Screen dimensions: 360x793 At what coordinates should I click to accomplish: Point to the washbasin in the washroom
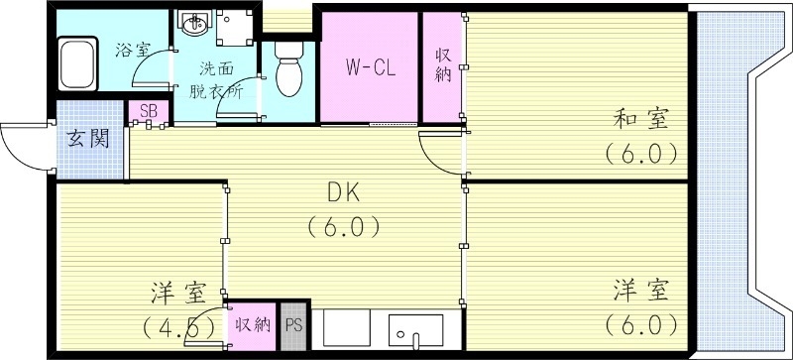pyautogui.click(x=191, y=25)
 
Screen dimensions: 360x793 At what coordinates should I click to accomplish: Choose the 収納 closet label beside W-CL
pyautogui.click(x=442, y=66)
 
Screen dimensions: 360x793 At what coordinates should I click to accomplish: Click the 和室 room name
pyautogui.click(x=640, y=121)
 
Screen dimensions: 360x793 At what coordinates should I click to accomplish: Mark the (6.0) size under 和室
pyautogui.click(x=640, y=154)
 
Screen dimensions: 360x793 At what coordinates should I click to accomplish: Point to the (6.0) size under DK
pyautogui.click(x=342, y=227)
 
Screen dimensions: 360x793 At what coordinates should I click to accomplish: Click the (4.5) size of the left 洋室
pyautogui.click(x=178, y=325)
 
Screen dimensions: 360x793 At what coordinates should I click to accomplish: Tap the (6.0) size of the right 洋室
pyautogui.click(x=640, y=323)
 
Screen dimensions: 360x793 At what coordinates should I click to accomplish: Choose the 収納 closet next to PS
pyautogui.click(x=252, y=323)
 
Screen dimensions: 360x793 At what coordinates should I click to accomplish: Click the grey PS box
pyautogui.click(x=293, y=323)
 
